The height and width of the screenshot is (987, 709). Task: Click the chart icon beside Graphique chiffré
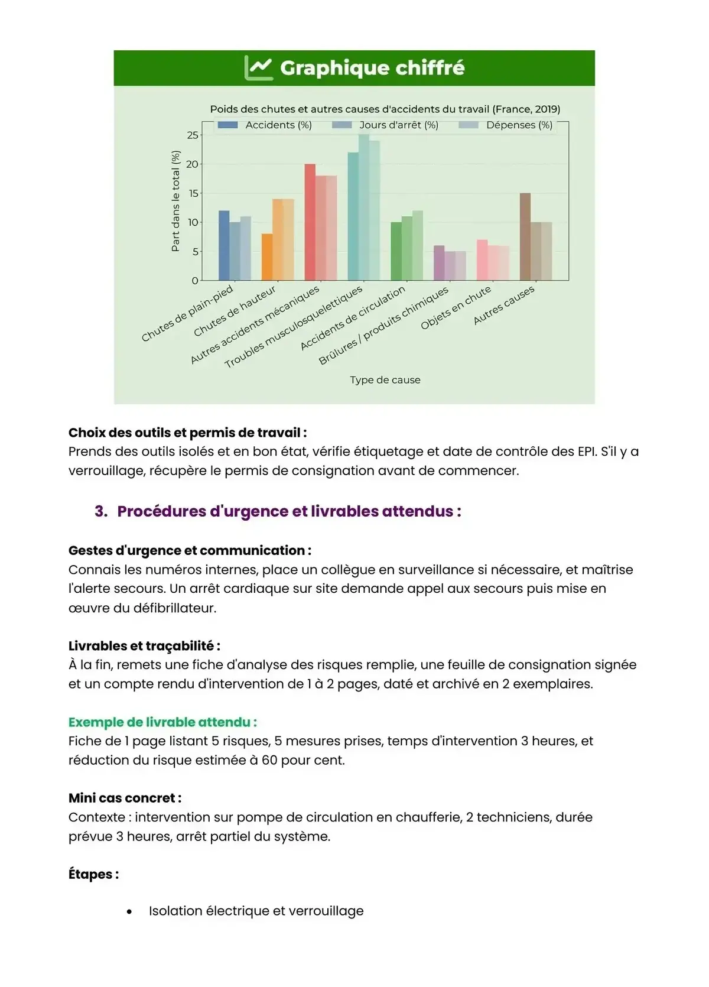[x=258, y=68]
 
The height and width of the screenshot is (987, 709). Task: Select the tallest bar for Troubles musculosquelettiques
[x=364, y=207]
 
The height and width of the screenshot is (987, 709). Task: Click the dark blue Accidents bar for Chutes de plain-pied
[x=224, y=245]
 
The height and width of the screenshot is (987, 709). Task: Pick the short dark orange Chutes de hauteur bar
[x=267, y=257]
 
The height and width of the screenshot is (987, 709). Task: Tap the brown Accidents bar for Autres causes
[x=525, y=236]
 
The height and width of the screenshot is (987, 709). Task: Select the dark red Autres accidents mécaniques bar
[x=310, y=222]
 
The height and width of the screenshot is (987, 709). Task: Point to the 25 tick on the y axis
[x=193, y=135]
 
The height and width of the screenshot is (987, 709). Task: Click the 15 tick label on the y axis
[x=193, y=193]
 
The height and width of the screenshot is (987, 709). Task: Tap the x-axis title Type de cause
[x=385, y=380]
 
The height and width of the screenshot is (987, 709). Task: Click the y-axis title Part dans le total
[x=175, y=201]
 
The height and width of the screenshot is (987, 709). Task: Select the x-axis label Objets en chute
[x=456, y=308]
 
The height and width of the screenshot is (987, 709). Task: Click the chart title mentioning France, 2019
[x=385, y=109]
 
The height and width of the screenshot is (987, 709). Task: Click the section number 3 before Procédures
[x=100, y=511]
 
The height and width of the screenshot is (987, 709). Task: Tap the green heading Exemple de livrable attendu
[x=162, y=722]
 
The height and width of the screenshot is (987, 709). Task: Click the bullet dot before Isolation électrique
[x=129, y=912]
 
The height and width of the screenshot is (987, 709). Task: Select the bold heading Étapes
[x=93, y=874]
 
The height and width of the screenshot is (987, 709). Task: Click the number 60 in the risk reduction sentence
[x=269, y=760]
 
